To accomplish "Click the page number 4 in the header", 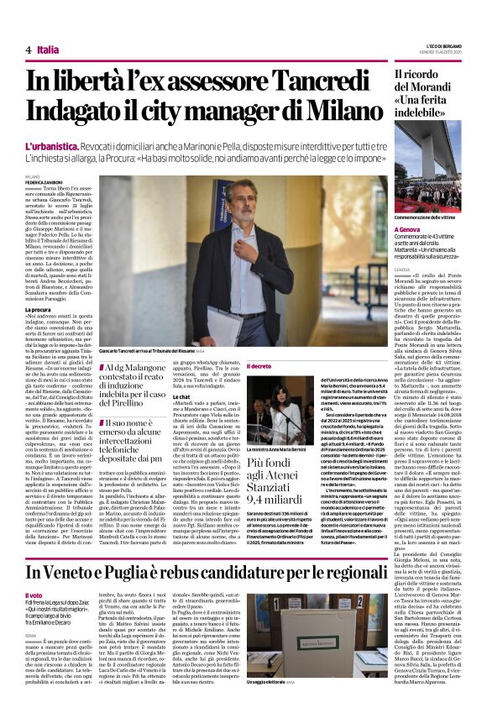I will (x=28, y=50).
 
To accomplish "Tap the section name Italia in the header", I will (x=48, y=50).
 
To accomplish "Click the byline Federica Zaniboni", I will (x=43, y=181).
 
